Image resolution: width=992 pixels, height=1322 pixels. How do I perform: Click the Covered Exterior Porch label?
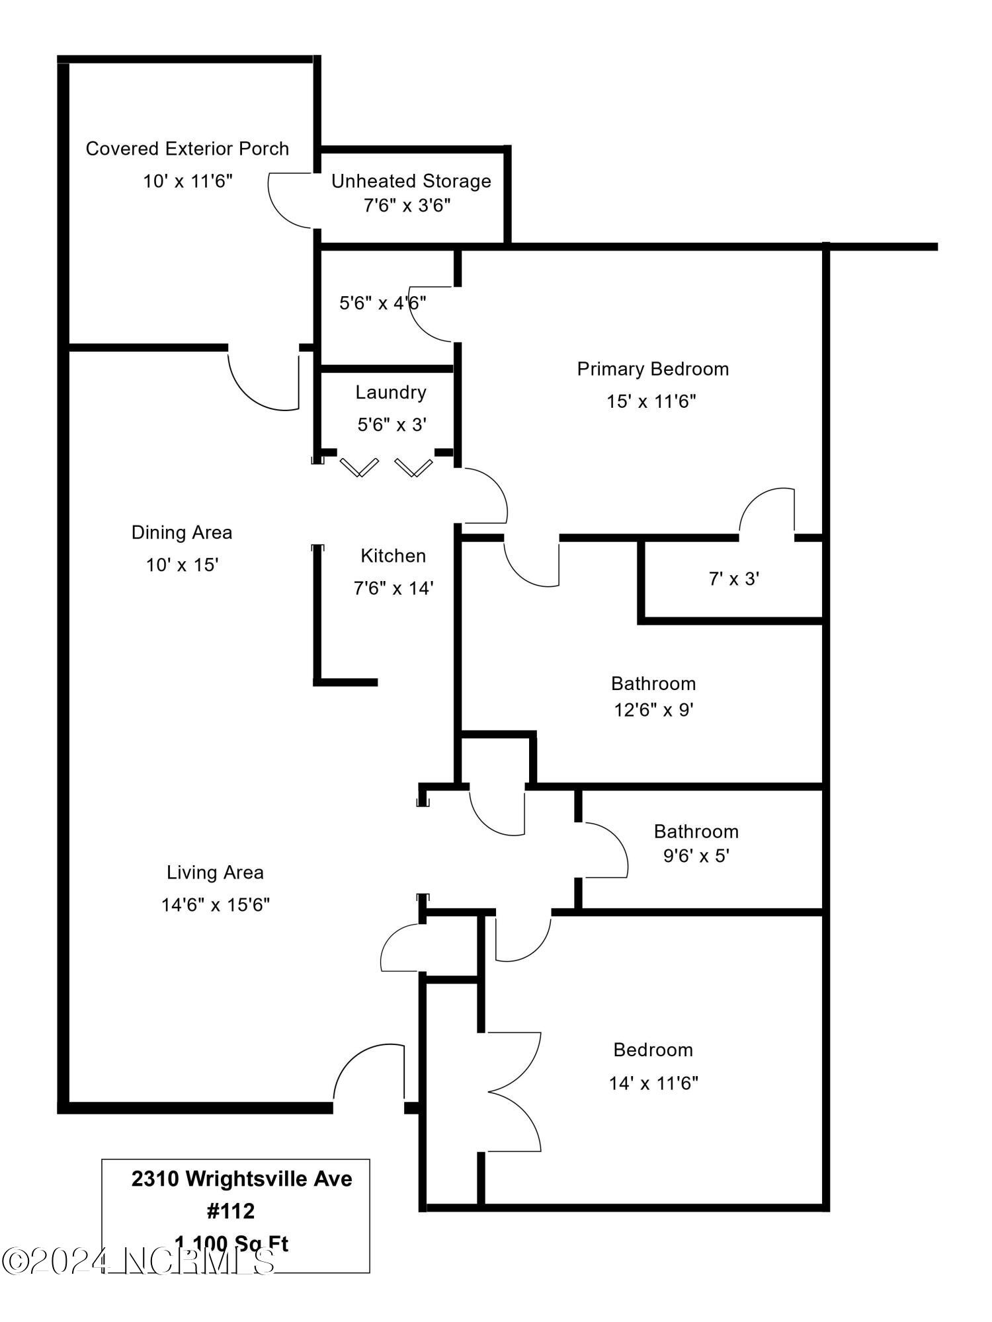point(187,149)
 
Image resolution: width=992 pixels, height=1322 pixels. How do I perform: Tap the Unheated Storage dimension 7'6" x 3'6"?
point(407,206)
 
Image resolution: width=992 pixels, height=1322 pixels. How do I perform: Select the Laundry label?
point(390,393)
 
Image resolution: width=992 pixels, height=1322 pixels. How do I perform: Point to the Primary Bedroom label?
point(653,369)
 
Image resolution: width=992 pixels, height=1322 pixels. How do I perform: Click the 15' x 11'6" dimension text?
point(651,401)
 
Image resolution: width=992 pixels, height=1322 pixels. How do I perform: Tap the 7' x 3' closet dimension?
point(733,579)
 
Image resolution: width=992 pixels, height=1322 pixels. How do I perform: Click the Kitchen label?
point(393,556)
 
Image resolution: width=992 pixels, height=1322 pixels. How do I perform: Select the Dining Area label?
point(182,533)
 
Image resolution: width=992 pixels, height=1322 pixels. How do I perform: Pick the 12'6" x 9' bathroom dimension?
point(653,710)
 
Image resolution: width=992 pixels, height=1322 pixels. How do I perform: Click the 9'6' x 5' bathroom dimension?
point(696,856)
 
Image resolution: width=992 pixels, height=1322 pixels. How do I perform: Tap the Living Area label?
point(215,873)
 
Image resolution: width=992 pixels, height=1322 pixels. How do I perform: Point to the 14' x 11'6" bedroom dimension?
point(653,1083)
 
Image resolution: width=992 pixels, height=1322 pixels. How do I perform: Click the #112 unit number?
point(231,1211)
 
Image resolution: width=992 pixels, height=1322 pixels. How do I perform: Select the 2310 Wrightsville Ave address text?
point(241,1179)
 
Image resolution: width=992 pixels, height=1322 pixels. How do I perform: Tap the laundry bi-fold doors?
point(387,467)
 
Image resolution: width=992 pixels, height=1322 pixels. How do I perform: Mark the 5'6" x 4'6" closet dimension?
point(382,303)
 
